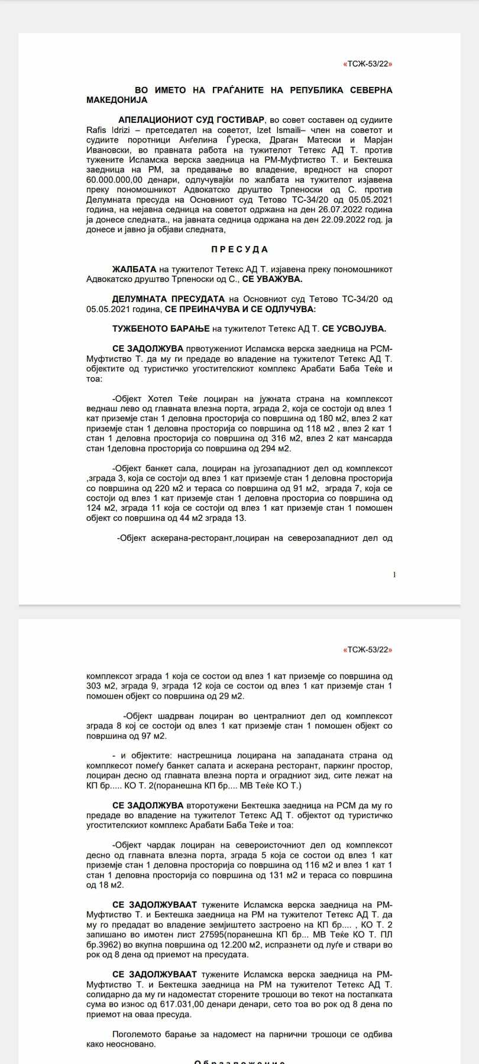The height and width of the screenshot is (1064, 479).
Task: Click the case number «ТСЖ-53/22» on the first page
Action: pos(368,64)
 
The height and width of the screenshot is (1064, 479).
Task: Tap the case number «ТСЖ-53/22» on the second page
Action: pos(368,650)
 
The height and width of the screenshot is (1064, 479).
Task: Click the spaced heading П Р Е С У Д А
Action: pos(239,249)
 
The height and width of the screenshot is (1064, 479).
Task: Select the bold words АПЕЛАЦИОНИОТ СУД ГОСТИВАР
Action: pos(191,120)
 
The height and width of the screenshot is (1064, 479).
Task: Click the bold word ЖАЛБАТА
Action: pos(130,270)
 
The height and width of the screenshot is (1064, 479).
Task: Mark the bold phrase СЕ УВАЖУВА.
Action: pos(274,279)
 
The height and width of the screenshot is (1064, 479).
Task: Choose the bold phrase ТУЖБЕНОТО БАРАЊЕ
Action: pos(149,329)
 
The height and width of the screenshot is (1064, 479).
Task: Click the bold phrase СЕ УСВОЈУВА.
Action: pos(354,329)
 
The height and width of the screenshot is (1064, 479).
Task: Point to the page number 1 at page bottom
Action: pos(394,574)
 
